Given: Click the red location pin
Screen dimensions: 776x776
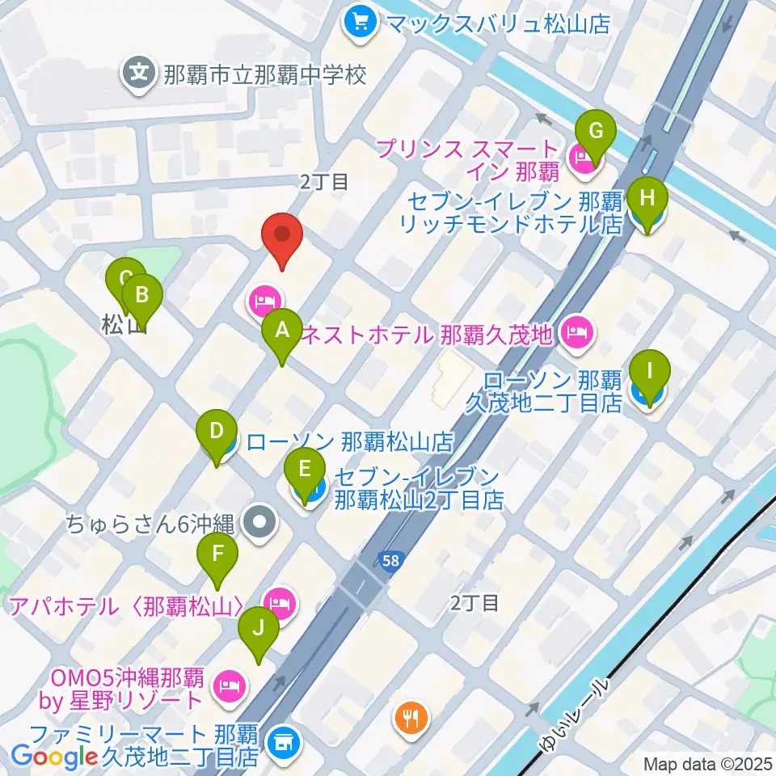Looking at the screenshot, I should point(282,235).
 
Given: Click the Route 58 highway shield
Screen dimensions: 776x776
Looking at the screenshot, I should point(392,560).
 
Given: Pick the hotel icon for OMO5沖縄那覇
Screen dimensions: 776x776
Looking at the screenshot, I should point(229,687).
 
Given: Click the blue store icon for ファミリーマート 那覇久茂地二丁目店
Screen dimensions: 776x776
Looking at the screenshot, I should point(282,738).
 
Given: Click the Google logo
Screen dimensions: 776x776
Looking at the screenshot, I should point(54,757).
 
